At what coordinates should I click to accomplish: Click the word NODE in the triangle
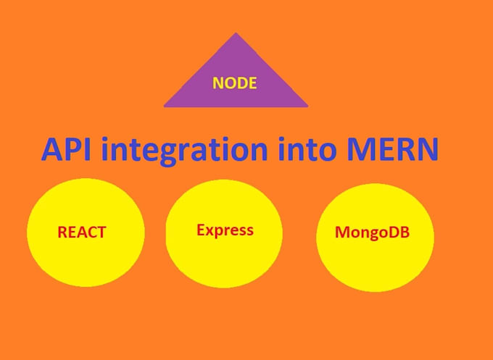(234, 83)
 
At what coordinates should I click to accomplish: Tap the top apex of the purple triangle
(234, 33)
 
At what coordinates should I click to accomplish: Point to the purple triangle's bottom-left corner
(165, 106)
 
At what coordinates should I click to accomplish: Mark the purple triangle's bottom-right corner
(307, 106)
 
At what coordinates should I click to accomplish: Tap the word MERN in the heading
(395, 150)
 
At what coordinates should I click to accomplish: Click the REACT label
(82, 233)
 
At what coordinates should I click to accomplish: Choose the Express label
(225, 230)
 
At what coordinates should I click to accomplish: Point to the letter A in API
(52, 150)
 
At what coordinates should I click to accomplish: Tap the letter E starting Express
(201, 230)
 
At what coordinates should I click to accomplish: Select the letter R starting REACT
(62, 233)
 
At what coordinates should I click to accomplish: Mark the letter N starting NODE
(217, 83)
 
